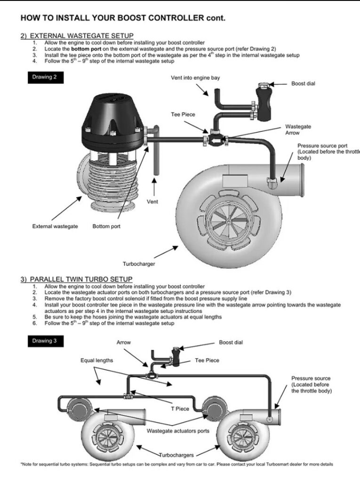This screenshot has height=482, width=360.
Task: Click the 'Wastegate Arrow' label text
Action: (x=298, y=130)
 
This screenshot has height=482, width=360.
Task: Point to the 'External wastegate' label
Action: (x=55, y=226)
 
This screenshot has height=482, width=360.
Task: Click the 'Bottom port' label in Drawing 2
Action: (x=106, y=226)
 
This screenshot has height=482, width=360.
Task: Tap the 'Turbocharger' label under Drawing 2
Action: (x=139, y=264)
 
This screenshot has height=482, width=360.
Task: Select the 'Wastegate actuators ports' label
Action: (x=178, y=430)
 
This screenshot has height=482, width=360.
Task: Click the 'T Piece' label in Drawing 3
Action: (x=180, y=409)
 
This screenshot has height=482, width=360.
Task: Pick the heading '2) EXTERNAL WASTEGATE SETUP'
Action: (x=77, y=36)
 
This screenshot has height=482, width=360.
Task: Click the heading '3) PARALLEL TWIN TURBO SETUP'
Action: (x=76, y=279)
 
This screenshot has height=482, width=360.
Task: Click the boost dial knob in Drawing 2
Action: (x=264, y=85)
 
